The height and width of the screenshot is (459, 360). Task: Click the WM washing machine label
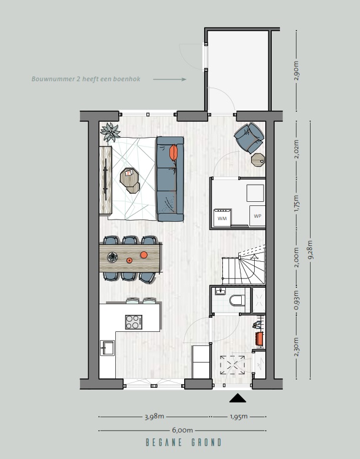[222, 218]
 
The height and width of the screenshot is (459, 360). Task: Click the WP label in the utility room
[257, 216]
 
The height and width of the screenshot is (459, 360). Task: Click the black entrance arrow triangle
[238, 398]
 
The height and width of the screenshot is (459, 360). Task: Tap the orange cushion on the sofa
[174, 152]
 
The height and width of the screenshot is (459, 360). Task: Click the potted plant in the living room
[109, 133]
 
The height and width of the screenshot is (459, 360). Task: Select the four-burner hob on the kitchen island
[134, 322]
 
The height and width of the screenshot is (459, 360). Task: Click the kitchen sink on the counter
[107, 348]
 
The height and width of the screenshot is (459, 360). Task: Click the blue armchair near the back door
[249, 138]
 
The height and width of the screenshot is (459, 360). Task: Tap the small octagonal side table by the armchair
[258, 159]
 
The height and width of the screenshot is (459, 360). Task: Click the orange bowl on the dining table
[144, 255]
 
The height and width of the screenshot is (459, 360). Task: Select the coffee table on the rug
[130, 179]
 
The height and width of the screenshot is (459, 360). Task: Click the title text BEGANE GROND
[184, 443]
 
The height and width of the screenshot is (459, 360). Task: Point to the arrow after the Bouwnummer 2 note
[169, 79]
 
